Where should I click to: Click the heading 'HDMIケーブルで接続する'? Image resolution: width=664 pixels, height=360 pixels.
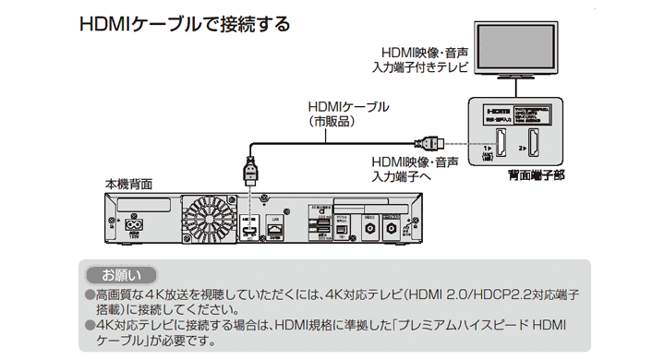[186, 20]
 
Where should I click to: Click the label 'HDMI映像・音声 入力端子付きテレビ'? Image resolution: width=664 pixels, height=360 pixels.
[420, 59]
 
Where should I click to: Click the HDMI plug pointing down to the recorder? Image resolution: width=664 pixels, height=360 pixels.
[248, 172]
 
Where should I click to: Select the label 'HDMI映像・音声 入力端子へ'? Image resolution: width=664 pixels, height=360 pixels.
[401, 167]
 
